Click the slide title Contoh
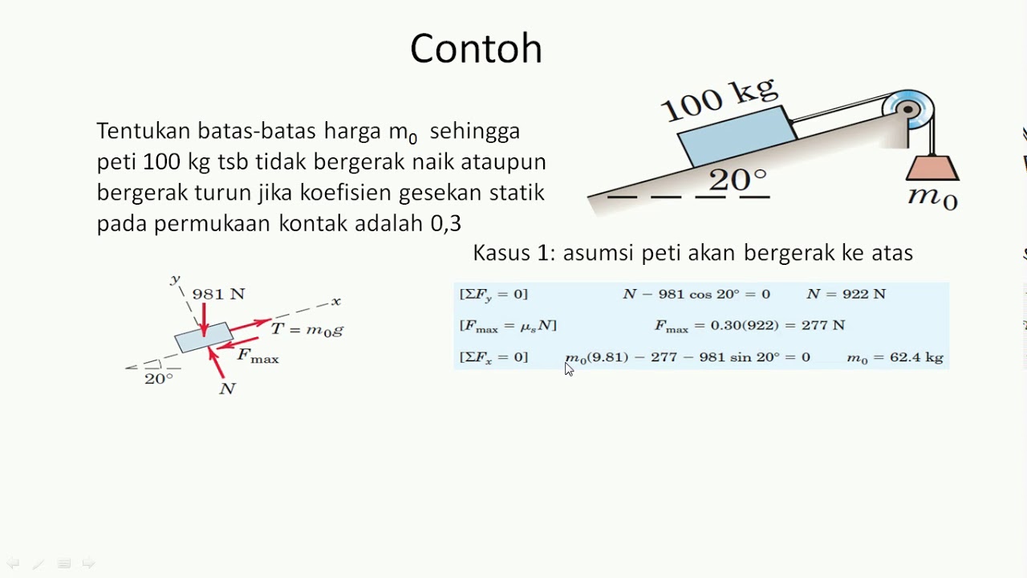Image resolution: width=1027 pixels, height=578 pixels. pos(476,49)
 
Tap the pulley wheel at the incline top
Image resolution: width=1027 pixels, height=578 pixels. pos(908,108)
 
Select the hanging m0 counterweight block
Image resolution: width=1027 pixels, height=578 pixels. pos(932,169)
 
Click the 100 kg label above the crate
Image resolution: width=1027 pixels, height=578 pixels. pos(717,100)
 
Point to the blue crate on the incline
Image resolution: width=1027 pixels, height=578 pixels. pos(737,136)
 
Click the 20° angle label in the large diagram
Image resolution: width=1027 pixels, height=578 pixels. pos(737,180)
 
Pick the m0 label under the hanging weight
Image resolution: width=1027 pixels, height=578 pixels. pos(932,197)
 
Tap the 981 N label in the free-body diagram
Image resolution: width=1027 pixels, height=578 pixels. pos(218,295)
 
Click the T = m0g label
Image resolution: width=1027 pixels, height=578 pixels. pos(307,329)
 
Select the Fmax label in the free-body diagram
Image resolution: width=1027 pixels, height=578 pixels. pos(258,356)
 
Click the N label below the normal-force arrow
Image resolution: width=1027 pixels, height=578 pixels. pos(227,389)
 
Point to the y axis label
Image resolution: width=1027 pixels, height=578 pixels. pos(174,279)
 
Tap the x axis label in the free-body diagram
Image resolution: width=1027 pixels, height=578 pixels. pos(336,301)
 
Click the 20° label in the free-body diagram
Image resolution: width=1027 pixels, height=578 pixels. pos(158,379)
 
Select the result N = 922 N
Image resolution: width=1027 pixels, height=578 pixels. pos(846,295)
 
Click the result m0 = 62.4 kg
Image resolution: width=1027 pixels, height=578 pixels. pos(895,358)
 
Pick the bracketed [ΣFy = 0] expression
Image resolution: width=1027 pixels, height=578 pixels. pos(493,295)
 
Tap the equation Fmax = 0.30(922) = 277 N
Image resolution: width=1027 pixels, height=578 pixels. pos(749,326)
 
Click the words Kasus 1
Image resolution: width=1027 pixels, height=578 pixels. pos(513,254)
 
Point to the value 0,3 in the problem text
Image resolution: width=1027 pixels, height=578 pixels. pos(445,223)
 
